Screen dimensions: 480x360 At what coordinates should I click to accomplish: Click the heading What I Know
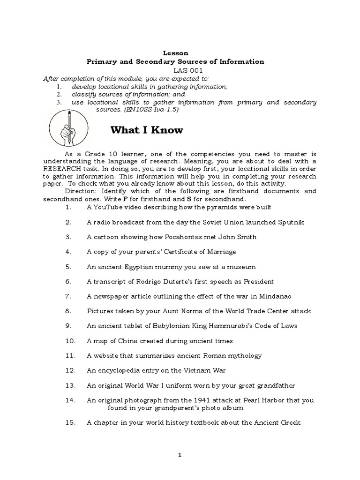147,130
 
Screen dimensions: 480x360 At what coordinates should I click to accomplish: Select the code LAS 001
175,70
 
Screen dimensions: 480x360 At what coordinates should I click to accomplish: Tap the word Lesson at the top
175,53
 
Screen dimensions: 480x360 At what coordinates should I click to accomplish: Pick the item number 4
68,252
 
